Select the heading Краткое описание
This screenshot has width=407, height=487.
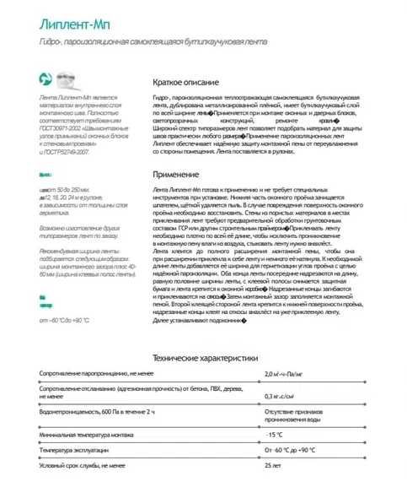pos(186,83)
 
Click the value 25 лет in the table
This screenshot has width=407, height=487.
pos(272,465)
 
